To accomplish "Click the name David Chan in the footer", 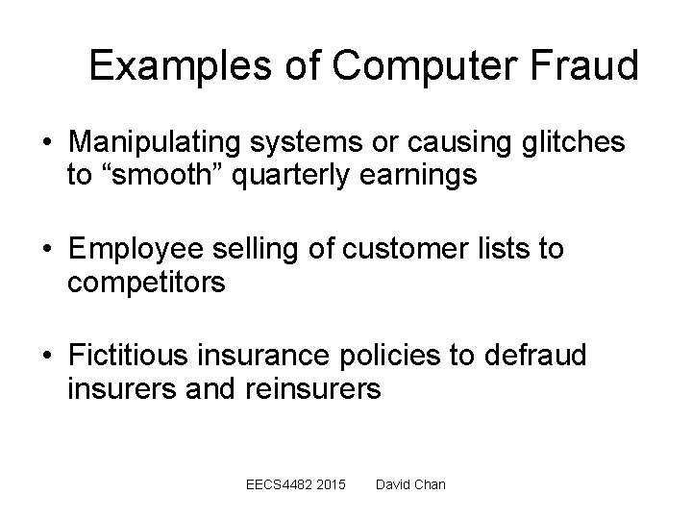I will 410,483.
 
